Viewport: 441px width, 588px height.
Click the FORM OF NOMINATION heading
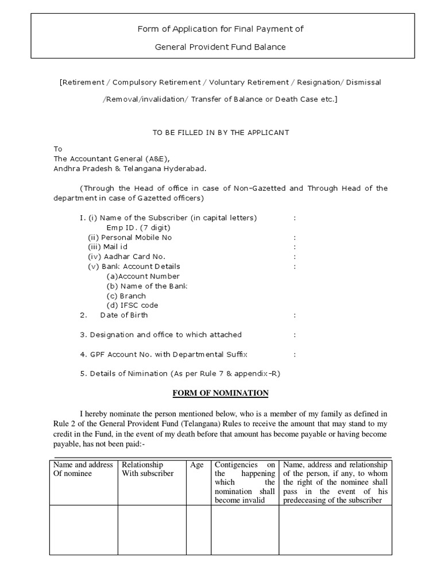click(220, 393)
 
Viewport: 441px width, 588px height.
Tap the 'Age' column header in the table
click(197, 465)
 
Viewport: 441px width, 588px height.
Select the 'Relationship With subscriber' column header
click(148, 469)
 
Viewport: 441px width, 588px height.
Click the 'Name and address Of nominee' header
click(83, 469)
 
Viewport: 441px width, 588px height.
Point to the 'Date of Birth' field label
click(123, 315)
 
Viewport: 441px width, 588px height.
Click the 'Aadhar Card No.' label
click(126, 257)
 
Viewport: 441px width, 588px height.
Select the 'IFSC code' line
click(132, 305)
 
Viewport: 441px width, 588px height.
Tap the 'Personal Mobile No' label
click(130, 237)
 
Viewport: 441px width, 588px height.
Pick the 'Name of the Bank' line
click(147, 285)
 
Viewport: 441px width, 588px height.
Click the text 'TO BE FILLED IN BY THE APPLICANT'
click(220, 132)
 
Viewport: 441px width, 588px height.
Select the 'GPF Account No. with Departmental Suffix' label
click(167, 354)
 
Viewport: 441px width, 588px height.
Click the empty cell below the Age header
click(199, 529)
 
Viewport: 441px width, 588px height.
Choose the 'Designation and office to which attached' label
click(164, 334)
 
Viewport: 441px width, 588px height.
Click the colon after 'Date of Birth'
click(295, 315)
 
